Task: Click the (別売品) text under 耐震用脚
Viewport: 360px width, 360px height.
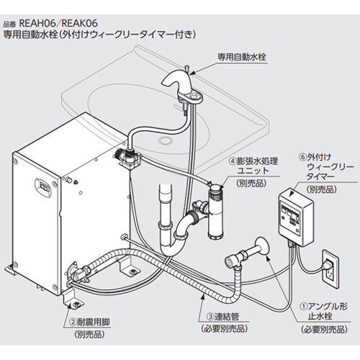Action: tap(89, 335)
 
